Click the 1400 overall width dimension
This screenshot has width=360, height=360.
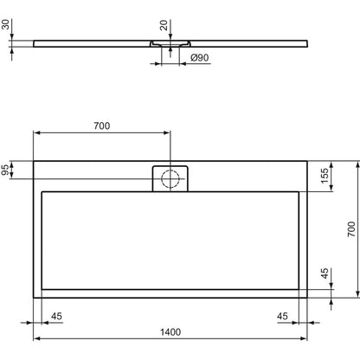(170, 332)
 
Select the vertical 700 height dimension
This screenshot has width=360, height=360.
(351, 229)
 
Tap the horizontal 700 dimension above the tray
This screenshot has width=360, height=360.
(102, 125)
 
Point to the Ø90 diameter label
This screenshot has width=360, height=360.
(200, 58)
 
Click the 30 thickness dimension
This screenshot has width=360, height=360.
(5, 24)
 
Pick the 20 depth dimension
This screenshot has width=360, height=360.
(164, 25)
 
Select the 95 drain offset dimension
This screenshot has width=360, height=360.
(5, 170)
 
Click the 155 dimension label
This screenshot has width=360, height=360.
(325, 176)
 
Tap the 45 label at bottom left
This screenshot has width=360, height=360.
(56, 316)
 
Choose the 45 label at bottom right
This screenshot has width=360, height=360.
(282, 316)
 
